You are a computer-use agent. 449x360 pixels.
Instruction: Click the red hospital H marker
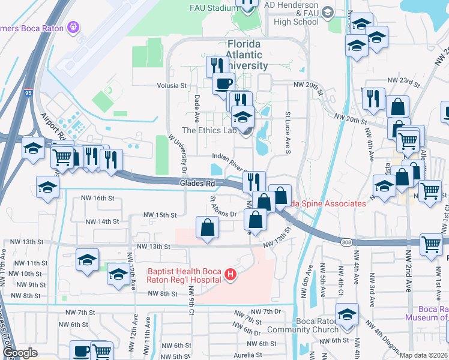(229, 275)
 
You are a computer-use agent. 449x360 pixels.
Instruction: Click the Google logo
(20, 353)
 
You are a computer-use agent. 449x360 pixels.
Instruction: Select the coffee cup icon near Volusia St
(224, 84)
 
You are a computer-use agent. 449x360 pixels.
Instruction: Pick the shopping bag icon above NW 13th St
(207, 227)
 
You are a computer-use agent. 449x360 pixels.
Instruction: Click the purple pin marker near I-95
(74, 27)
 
